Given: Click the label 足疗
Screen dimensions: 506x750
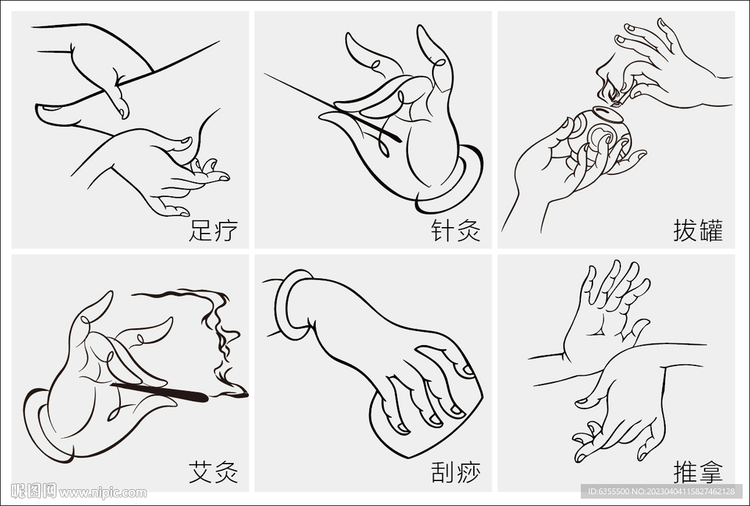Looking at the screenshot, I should (x=213, y=231).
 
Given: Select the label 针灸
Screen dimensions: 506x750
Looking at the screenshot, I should (x=456, y=231).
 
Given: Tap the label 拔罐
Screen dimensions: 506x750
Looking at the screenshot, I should (x=698, y=231).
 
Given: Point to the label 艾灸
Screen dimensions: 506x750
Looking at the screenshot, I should (x=213, y=472).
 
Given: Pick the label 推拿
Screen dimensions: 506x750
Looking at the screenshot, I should (x=698, y=472).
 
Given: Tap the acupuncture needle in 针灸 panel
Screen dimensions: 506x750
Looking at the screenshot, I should (x=330, y=103).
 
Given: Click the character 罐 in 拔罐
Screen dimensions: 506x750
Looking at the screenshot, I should (x=710, y=231).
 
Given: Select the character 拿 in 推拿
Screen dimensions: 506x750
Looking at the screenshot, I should (x=710, y=472).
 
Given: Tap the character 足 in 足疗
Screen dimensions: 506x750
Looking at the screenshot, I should (x=201, y=231).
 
